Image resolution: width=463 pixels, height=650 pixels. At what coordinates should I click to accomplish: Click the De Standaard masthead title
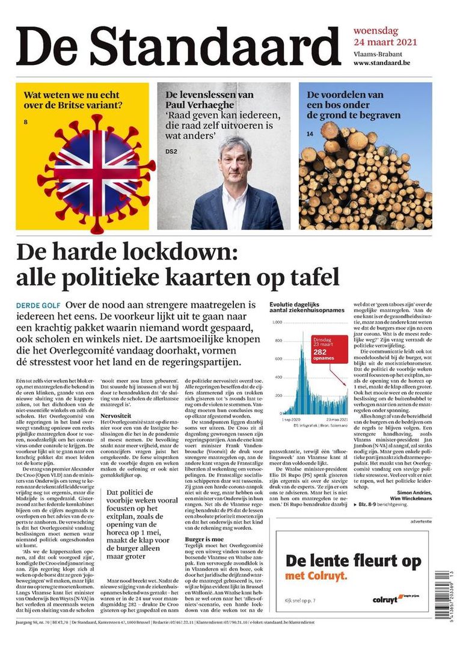(x=179, y=46)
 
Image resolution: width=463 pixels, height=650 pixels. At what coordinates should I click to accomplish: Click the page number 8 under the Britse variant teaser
(x=26, y=123)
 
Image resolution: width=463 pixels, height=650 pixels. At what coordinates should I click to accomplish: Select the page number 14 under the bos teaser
(x=310, y=133)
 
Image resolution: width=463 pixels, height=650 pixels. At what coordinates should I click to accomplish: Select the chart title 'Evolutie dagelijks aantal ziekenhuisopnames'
(x=307, y=307)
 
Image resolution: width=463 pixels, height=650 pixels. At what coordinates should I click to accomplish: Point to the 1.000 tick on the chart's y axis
(x=277, y=323)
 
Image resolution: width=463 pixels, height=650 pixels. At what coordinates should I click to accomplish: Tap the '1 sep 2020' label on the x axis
(x=292, y=420)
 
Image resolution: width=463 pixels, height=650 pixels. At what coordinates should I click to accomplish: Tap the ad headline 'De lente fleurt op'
(x=353, y=562)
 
